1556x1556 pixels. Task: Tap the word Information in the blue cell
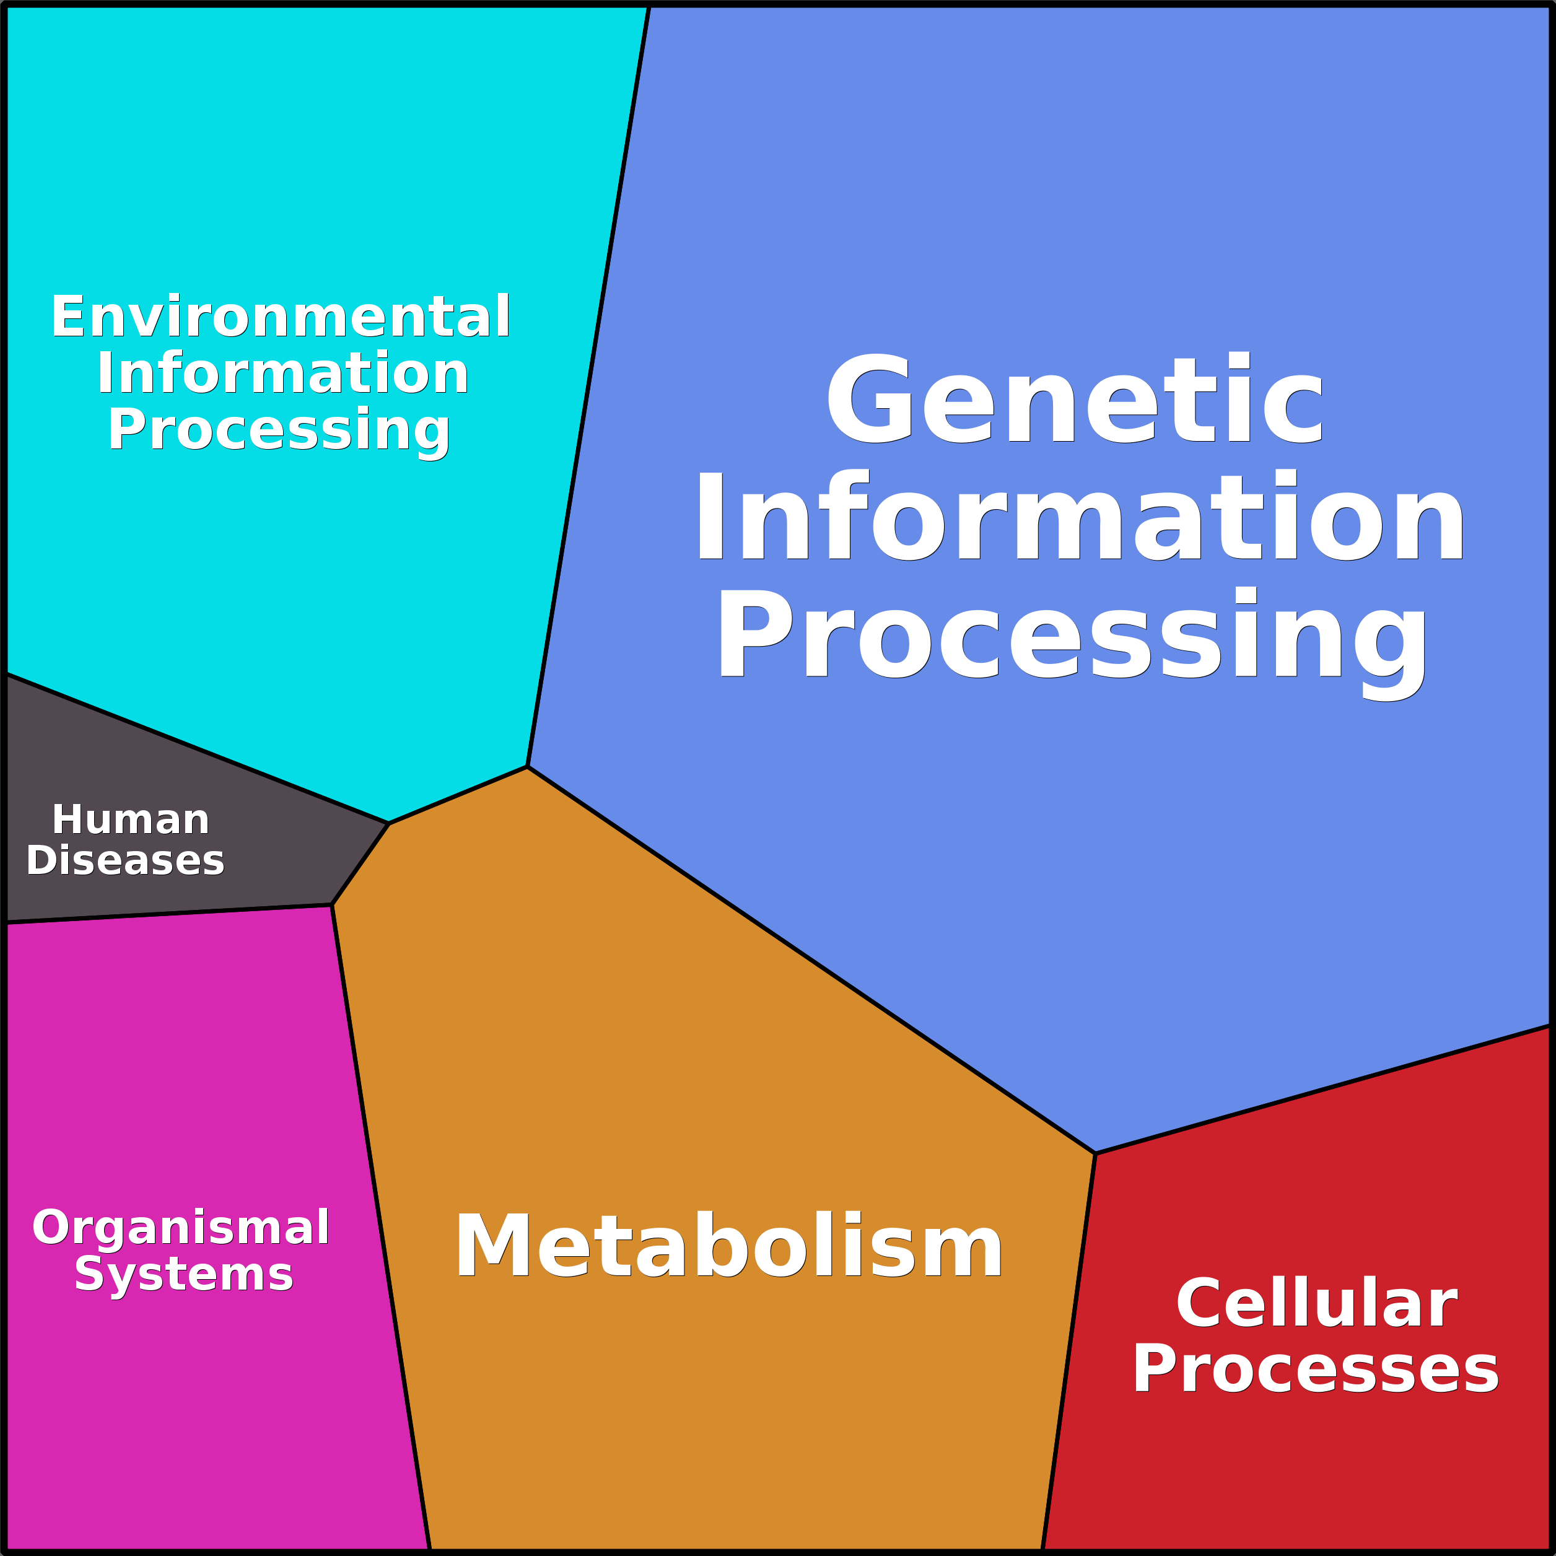(1079, 515)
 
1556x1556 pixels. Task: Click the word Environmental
(280, 317)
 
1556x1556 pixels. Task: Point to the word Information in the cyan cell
(282, 373)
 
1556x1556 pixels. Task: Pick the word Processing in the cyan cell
(279, 430)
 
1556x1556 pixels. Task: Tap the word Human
(131, 820)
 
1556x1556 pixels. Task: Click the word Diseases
(125, 860)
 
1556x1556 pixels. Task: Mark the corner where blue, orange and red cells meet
(1095, 1153)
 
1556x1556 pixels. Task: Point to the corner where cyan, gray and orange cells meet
(389, 823)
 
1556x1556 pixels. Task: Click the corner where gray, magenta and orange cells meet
(332, 905)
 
